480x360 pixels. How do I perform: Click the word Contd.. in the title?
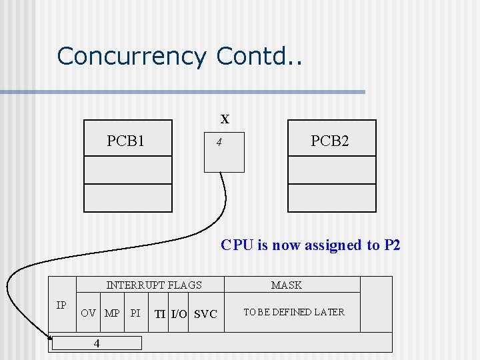[259, 56]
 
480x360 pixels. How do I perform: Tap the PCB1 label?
[126, 141]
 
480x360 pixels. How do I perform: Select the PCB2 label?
[329, 141]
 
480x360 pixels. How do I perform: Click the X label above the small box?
[225, 120]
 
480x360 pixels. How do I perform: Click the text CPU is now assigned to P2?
[311, 245]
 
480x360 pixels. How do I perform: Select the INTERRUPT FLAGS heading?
[154, 285]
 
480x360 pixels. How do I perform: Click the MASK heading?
[287, 285]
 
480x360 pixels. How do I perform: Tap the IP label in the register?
[61, 305]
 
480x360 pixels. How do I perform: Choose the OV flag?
[88, 313]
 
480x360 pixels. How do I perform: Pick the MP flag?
[112, 313]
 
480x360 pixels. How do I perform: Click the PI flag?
[135, 313]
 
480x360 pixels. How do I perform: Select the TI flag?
[160, 314]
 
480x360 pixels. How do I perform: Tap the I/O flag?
[179, 314]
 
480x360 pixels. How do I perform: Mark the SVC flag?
[205, 314]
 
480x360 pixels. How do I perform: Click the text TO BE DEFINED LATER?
[294, 312]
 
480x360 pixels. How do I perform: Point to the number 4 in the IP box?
[97, 343]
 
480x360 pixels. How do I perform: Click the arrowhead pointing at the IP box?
[50, 342]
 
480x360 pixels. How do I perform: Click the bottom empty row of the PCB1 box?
[128, 198]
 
